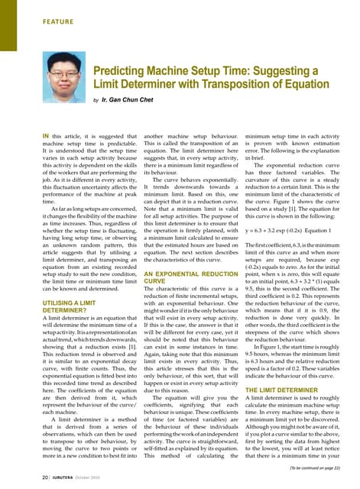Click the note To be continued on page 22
pos(317,465)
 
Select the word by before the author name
pos(96,100)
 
